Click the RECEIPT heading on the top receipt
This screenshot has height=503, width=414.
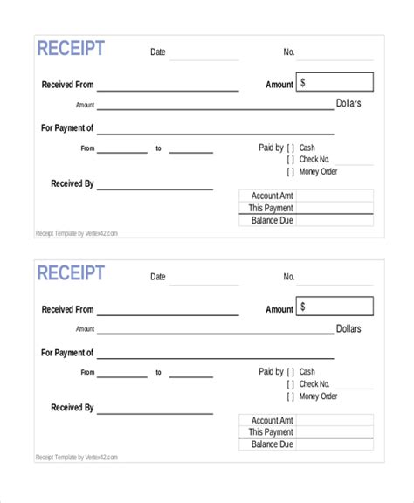71,49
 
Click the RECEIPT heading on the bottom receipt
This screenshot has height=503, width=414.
71,273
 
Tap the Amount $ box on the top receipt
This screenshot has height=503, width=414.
335,83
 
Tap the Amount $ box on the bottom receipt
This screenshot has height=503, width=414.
335,307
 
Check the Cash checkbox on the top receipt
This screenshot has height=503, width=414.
291,148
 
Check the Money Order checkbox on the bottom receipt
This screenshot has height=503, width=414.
291,396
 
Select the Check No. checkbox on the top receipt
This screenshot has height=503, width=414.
291,160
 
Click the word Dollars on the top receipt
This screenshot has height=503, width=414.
348,104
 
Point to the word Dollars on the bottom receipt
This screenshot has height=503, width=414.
348,329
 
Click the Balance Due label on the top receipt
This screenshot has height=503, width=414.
271,220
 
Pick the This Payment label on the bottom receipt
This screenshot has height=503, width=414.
271,432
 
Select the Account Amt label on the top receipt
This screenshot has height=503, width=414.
272,196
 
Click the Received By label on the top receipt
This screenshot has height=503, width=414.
72,183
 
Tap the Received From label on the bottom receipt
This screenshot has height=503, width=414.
67,310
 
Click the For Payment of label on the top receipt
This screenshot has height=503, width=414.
67,127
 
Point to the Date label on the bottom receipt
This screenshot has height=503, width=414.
157,277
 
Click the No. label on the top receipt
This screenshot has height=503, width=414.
289,52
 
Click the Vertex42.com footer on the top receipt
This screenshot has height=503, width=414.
76,233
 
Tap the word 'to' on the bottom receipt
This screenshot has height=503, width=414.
158,373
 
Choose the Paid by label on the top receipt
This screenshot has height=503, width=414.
272,148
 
